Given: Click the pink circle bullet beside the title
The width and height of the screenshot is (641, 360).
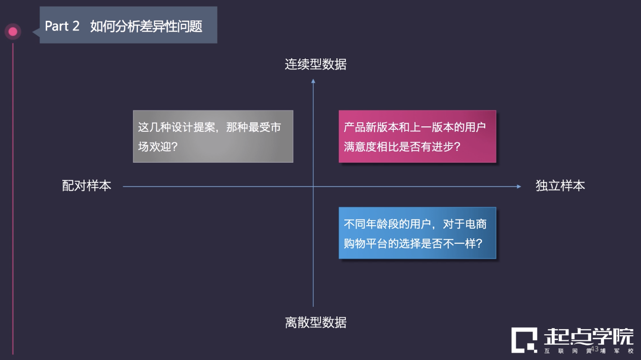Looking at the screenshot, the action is tap(13, 31).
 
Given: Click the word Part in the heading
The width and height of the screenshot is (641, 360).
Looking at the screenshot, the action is tap(57, 26).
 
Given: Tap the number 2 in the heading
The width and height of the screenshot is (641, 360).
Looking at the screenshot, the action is tap(76, 26).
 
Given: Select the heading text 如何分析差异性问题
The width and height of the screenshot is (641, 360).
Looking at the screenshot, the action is tap(146, 26).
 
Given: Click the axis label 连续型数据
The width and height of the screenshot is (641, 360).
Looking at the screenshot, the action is tap(315, 64).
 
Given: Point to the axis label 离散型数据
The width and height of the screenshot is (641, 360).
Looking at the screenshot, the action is tap(315, 322).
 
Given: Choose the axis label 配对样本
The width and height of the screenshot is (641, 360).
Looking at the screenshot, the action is tap(86, 186).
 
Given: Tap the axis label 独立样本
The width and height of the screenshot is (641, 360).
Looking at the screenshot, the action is tap(560, 186).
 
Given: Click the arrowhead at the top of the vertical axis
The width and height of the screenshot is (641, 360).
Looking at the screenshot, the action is tap(313, 81).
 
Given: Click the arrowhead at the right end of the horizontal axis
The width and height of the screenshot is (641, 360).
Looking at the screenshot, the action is tap(519, 187).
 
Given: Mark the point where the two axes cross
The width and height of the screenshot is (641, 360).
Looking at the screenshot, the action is tap(313, 187).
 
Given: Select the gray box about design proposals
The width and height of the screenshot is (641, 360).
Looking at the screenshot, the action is tap(213, 136).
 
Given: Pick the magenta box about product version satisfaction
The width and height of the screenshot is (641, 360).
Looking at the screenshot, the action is tap(417, 136).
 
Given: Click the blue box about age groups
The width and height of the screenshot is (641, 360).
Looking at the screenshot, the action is tap(417, 233).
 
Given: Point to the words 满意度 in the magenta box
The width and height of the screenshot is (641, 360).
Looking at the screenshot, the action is tap(360, 147).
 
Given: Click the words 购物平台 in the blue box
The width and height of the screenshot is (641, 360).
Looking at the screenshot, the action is tap(366, 243).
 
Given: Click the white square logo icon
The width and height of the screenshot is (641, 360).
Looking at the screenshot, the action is tap(524, 340).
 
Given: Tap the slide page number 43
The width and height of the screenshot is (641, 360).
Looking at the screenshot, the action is tap(595, 349).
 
